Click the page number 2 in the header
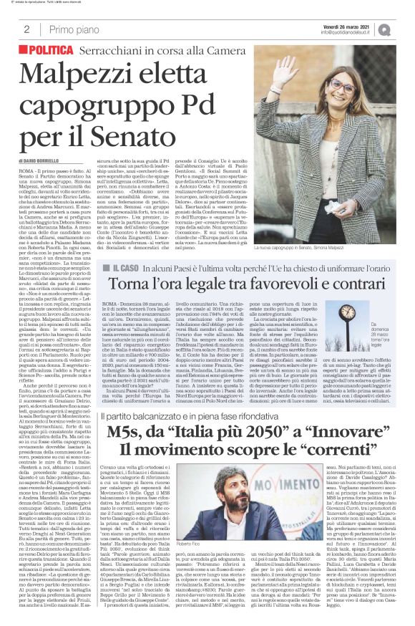tap(26, 29)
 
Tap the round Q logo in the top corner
tap(404, 29)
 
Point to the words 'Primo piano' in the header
tap(71, 29)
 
